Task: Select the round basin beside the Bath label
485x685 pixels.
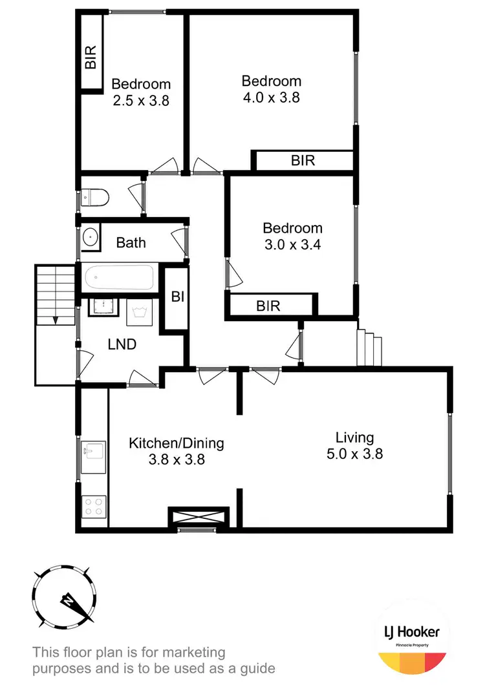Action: (89, 238)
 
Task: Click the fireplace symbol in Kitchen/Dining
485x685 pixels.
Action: (199, 517)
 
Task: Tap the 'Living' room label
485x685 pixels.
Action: (354, 437)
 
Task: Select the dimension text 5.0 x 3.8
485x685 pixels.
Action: (354, 454)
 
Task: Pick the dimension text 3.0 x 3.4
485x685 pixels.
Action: (292, 244)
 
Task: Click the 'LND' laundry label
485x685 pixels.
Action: (122, 344)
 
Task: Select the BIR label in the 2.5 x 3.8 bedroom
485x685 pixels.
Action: (91, 57)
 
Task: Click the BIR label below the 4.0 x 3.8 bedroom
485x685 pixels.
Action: (303, 160)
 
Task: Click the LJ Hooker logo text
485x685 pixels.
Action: (412, 631)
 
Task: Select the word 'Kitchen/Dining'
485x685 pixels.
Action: (176, 443)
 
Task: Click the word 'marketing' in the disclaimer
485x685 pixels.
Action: (195, 652)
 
